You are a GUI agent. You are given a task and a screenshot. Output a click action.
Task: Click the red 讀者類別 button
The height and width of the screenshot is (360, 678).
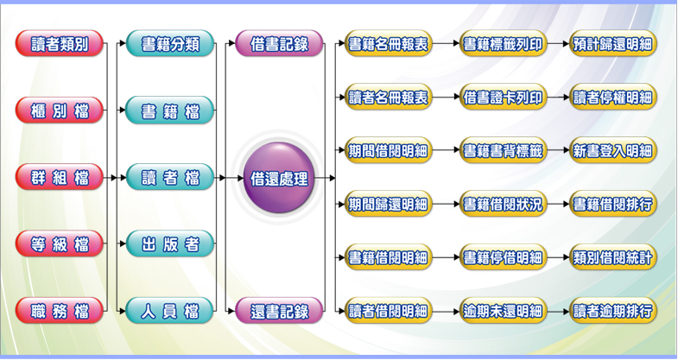(59, 43)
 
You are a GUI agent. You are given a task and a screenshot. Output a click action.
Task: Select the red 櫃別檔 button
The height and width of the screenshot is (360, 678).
(59, 111)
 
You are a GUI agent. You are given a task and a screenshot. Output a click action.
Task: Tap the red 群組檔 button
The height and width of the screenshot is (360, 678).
(59, 178)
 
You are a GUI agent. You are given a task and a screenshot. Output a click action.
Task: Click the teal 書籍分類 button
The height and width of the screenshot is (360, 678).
(170, 43)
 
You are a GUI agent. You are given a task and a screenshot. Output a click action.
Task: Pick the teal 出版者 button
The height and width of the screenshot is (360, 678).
(170, 244)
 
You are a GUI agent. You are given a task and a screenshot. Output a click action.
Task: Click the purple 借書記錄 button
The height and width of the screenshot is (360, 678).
(278, 43)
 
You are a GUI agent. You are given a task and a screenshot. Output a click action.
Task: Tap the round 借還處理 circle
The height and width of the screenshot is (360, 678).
(278, 179)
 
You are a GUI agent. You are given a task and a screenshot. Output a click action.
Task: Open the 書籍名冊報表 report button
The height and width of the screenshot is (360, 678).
(388, 44)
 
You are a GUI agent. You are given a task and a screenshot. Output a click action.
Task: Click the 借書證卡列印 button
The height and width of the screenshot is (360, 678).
(503, 97)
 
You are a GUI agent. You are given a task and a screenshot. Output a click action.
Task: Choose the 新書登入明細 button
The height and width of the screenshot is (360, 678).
(613, 150)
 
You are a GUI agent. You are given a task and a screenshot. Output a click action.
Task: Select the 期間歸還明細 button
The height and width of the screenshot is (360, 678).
(388, 205)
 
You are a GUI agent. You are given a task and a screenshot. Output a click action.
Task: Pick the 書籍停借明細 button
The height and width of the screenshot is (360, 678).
(503, 257)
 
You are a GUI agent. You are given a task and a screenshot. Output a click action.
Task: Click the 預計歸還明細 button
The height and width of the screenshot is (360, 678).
(613, 44)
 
